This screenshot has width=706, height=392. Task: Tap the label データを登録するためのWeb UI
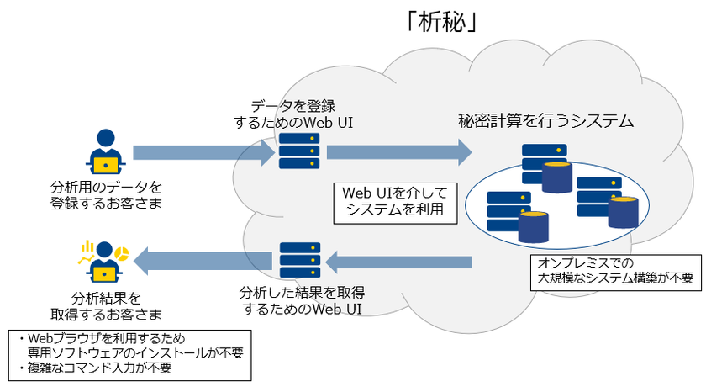pyautogui.click(x=293, y=114)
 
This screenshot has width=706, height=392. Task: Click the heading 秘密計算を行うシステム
pyautogui.click(x=545, y=121)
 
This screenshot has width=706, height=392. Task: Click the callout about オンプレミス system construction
pyautogui.click(x=616, y=271)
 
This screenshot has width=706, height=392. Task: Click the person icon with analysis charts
pyautogui.click(x=103, y=261)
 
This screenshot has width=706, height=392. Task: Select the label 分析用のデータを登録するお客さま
pyautogui.click(x=105, y=193)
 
